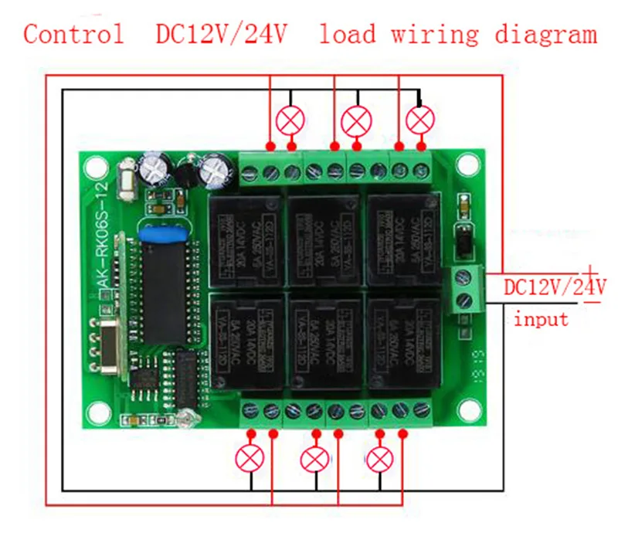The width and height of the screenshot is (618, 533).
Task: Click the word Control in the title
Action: (x=73, y=34)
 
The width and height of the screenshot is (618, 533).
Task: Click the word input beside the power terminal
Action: (x=541, y=317)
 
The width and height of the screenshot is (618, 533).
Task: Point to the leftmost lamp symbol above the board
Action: (x=291, y=120)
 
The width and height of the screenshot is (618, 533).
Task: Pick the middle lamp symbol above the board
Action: (x=356, y=120)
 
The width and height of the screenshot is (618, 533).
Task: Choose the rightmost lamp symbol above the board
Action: (x=421, y=120)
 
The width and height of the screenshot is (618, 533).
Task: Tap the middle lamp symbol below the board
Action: (x=315, y=458)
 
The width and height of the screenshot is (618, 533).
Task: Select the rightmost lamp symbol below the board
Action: (x=379, y=458)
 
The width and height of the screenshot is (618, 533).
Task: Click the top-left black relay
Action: (x=244, y=235)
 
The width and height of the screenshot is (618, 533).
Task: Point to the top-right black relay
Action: (x=402, y=235)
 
